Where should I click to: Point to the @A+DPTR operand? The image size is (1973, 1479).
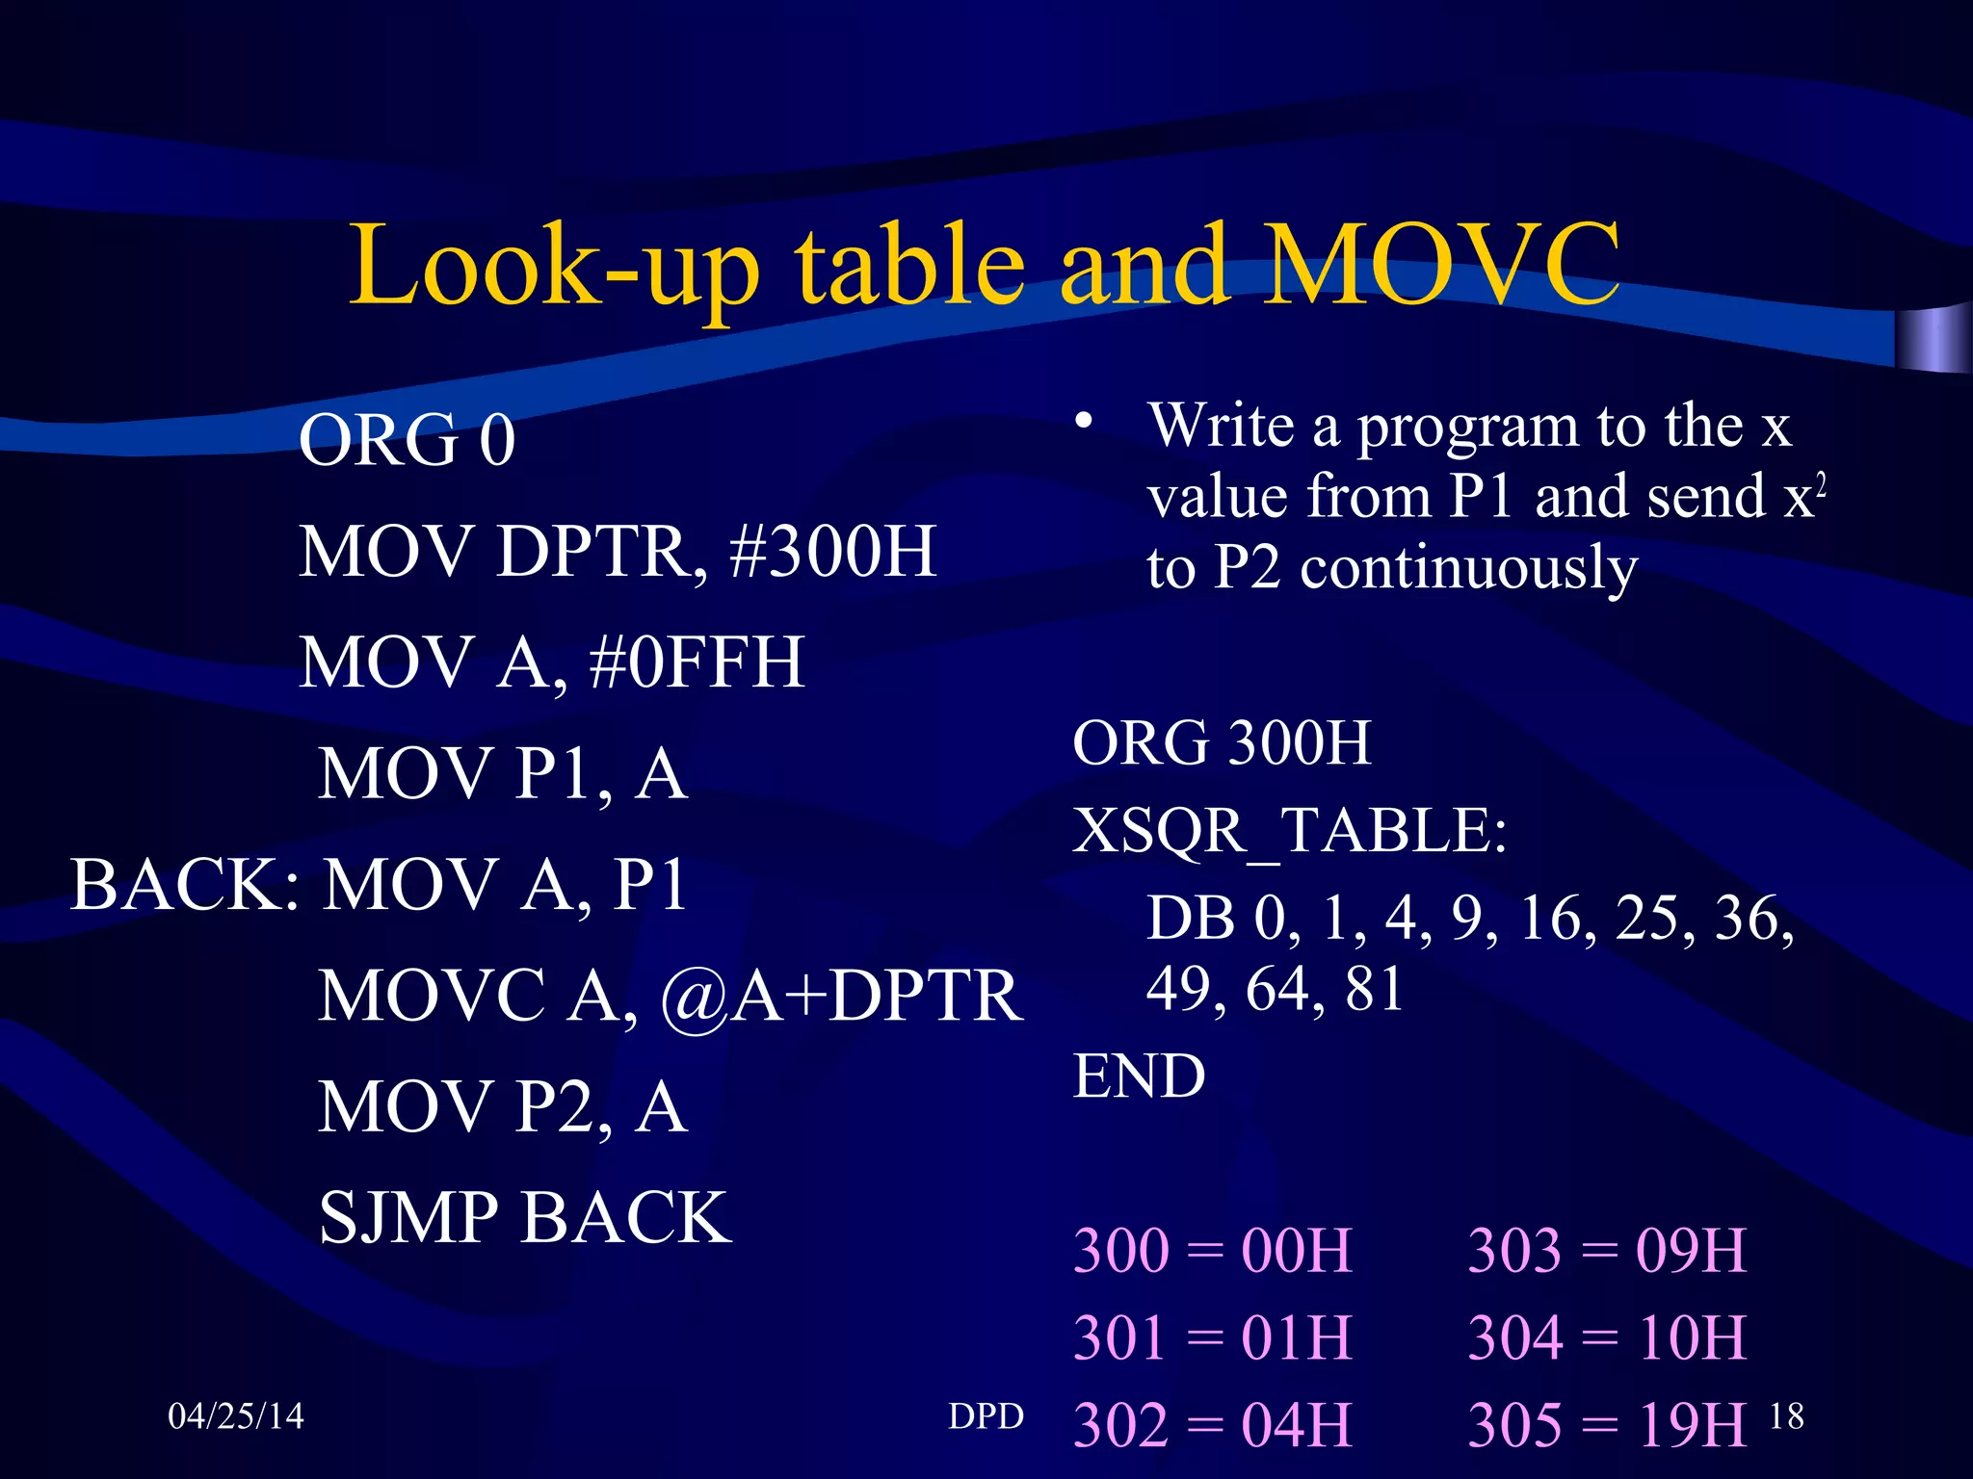point(841,996)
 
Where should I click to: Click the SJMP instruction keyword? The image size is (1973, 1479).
point(408,1218)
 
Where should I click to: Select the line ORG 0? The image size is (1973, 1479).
point(407,440)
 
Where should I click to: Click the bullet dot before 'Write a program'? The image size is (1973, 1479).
point(1085,421)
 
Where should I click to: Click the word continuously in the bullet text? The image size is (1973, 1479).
point(1468,568)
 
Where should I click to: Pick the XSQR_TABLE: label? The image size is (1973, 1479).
point(1289,830)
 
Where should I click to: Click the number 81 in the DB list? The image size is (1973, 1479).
point(1374,988)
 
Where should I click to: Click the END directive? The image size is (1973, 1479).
point(1139,1076)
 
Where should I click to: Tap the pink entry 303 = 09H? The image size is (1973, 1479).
point(1606,1251)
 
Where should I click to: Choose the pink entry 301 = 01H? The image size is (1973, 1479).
point(1213,1337)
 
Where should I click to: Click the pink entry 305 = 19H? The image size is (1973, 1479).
point(1606,1425)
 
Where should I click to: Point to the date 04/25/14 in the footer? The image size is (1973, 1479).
point(235,1416)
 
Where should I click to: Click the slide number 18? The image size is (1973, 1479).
point(1786,1416)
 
